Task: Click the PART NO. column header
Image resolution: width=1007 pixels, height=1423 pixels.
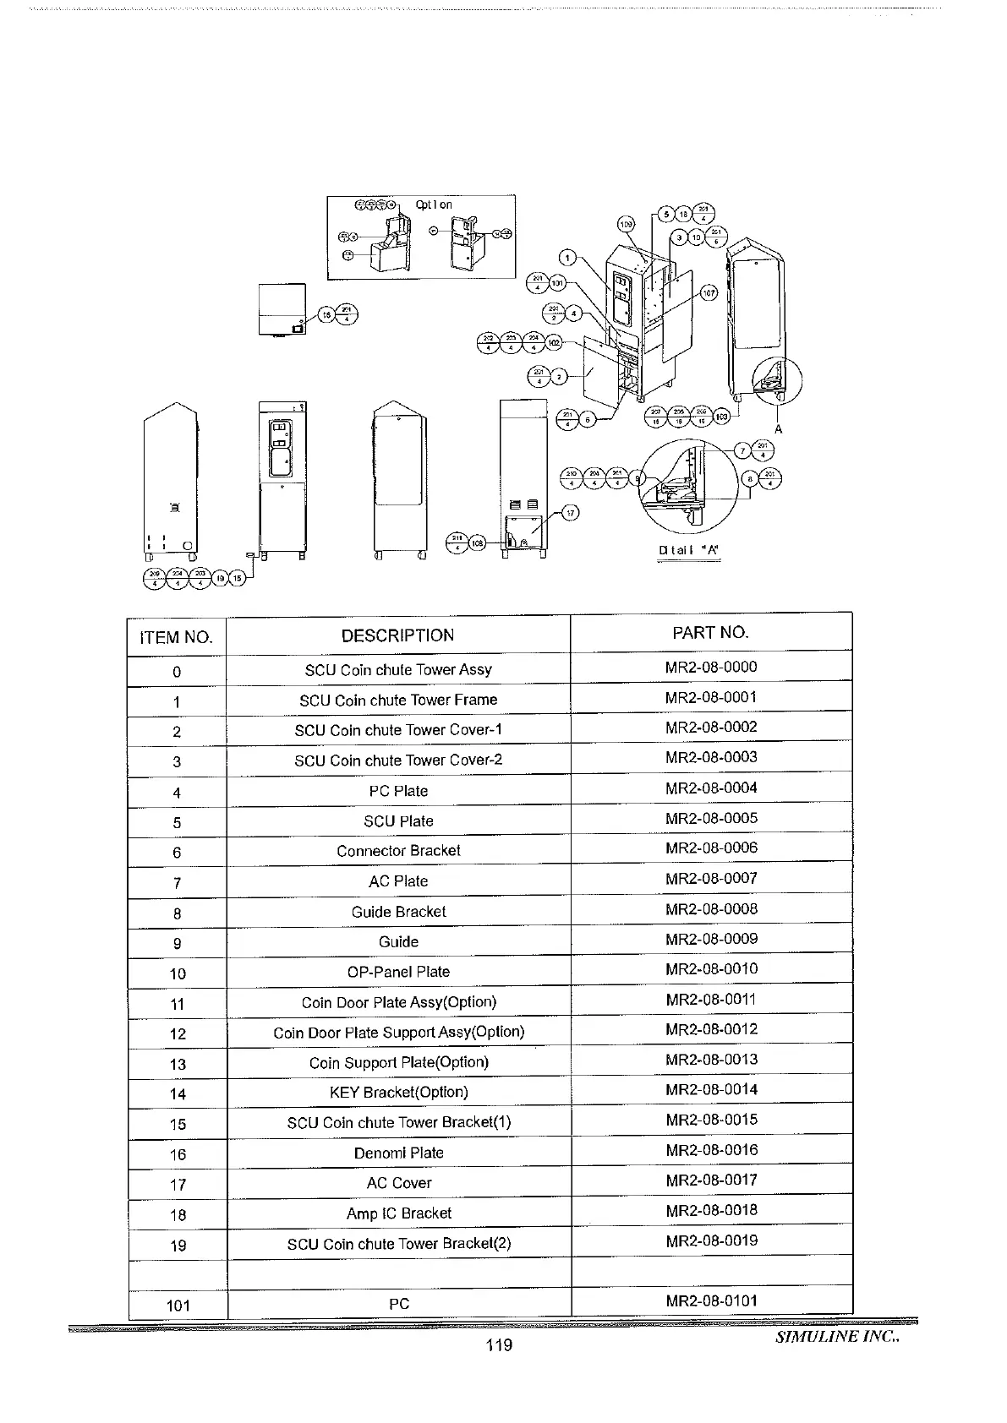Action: tap(710, 633)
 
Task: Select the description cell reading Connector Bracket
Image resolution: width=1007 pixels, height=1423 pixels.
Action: tap(398, 851)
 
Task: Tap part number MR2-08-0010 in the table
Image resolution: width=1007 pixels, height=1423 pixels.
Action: tap(711, 969)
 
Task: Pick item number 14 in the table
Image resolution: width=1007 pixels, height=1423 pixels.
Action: tap(178, 1094)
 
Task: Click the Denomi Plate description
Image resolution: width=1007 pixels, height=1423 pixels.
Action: tap(398, 1153)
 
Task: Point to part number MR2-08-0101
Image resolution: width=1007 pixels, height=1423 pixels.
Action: tap(711, 1301)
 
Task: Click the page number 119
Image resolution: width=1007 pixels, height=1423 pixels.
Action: tap(499, 1345)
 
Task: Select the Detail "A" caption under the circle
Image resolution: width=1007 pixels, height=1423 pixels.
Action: tap(688, 551)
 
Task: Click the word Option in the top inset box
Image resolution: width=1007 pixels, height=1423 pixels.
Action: tap(434, 204)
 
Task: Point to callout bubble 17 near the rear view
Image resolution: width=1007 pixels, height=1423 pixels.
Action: tap(571, 513)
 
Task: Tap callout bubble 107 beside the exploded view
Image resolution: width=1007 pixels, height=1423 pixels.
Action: tap(709, 293)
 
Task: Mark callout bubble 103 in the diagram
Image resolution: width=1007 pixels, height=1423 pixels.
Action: tap(721, 417)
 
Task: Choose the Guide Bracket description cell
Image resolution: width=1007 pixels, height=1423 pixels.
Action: tap(398, 912)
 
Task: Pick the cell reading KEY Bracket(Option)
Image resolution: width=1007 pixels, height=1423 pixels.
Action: tap(398, 1092)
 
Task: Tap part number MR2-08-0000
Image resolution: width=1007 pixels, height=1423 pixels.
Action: tap(711, 668)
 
